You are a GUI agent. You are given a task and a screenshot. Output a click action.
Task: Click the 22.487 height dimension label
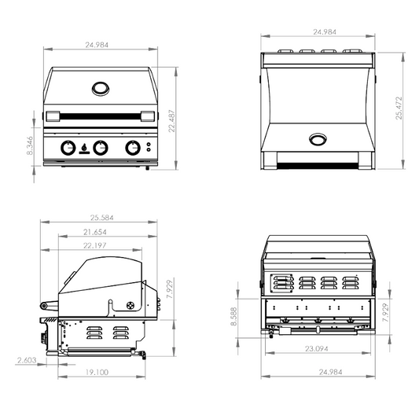[172, 120]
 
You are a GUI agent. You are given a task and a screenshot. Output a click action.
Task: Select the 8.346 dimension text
[30, 145]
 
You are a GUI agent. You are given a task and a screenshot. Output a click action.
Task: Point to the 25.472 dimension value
[399, 108]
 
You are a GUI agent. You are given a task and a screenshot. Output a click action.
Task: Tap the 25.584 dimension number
[102, 218]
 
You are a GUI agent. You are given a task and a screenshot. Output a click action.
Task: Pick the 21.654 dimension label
[95, 232]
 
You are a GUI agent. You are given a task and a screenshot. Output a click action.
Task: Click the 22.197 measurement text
[95, 245]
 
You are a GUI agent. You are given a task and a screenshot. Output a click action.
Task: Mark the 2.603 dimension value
[27, 360]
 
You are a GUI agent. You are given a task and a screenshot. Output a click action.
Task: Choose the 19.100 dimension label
[97, 372]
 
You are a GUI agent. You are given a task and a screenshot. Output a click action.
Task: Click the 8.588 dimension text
[233, 316]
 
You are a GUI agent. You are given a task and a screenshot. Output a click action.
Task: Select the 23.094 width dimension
[317, 349]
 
